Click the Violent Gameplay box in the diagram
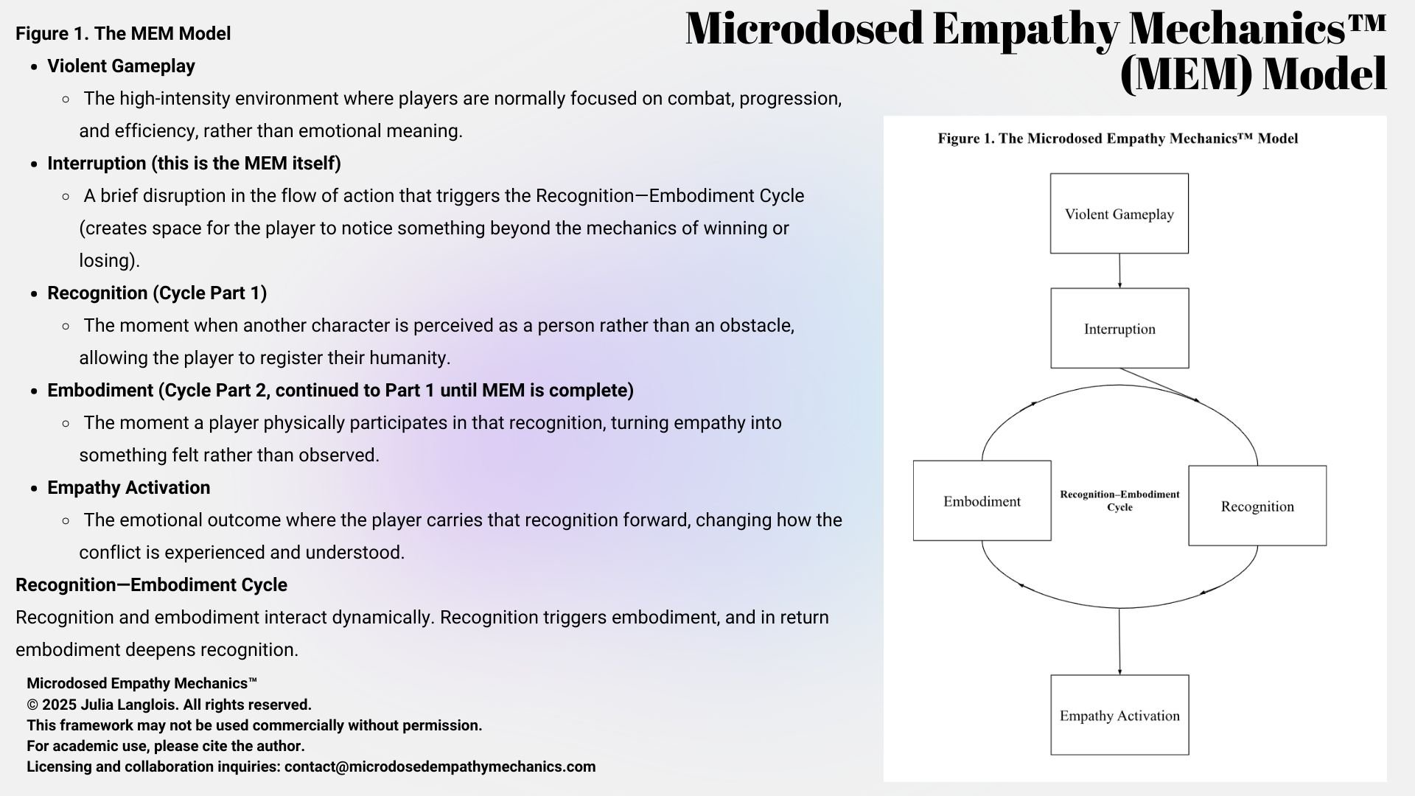pyautogui.click(x=1119, y=214)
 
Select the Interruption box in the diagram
pyautogui.click(x=1119, y=329)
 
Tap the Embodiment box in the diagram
pyautogui.click(x=982, y=501)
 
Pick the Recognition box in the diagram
pyautogui.click(x=1257, y=506)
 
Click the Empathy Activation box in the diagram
pyautogui.click(x=1119, y=715)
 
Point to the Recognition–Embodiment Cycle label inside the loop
pyautogui.click(x=1119, y=500)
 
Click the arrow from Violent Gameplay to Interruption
pyautogui.click(x=1119, y=270)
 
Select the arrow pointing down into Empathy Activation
pyautogui.click(x=1119, y=641)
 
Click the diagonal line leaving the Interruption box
pyautogui.click(x=1158, y=384)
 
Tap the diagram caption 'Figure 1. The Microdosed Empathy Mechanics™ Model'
pyautogui.click(x=1117, y=139)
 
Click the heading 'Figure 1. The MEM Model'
pyautogui.click(x=123, y=34)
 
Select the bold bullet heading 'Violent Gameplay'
pyautogui.click(x=121, y=66)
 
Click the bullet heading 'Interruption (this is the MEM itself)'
pyautogui.click(x=194, y=164)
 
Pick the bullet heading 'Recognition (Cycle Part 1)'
pyautogui.click(x=157, y=293)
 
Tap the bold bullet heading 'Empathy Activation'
pyautogui.click(x=128, y=488)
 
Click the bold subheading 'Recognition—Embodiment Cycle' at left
pyautogui.click(x=151, y=585)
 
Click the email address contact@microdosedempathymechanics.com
pyautogui.click(x=440, y=767)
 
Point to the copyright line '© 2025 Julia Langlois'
pyautogui.click(x=169, y=705)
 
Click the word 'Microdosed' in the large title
pyautogui.click(x=803, y=29)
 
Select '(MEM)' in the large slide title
pyautogui.click(x=1184, y=75)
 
